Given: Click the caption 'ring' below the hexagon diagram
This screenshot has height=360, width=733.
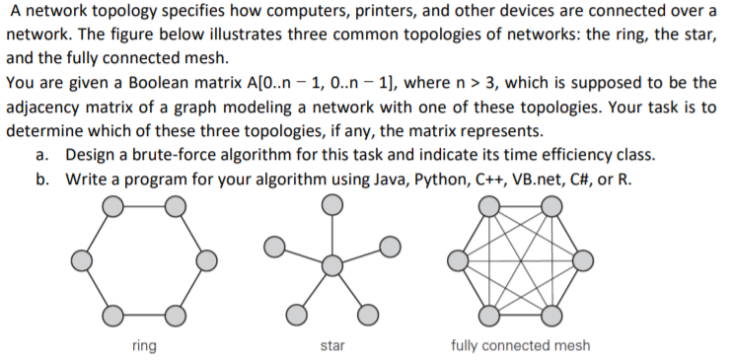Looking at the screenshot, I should (x=143, y=345).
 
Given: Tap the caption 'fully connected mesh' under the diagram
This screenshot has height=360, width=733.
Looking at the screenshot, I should (x=520, y=345).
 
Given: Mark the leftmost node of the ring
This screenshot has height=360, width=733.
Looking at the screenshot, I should (x=83, y=260).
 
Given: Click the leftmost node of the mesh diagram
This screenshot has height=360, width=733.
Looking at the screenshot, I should (x=458, y=260).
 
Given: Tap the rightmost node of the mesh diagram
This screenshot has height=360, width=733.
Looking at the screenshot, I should (x=582, y=260).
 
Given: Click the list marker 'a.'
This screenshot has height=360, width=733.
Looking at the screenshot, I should (x=41, y=156).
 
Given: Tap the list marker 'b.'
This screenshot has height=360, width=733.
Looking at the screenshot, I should (x=41, y=180).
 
